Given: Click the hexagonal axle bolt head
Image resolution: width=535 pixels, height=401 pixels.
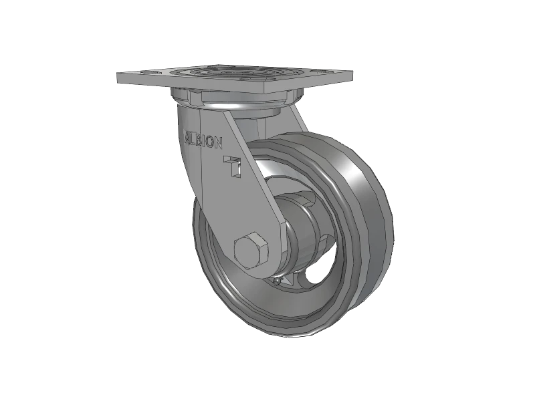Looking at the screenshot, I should pos(251,253).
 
